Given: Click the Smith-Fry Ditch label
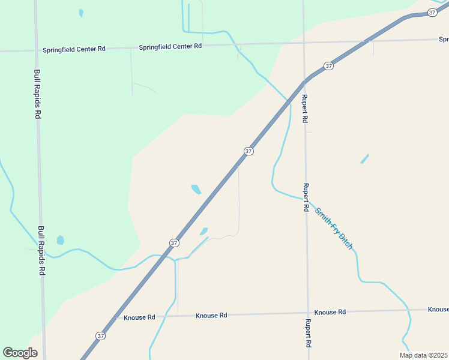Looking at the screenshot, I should point(334,229).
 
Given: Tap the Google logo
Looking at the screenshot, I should point(20,353).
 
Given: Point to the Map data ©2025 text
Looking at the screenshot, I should point(424,355).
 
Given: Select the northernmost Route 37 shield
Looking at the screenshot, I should point(432,13).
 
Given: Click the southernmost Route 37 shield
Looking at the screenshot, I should point(100,335).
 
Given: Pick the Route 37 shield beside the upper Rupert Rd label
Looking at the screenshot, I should point(328,65).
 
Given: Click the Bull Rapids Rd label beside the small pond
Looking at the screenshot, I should point(41,250).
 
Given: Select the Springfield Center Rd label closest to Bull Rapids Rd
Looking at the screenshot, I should point(74,49).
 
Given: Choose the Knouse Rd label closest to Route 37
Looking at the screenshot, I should point(139,317).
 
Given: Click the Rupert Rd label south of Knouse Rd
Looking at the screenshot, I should point(307,333).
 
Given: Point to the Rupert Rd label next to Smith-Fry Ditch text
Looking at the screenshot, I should point(306,197).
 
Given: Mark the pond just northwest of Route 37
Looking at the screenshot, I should point(196,190).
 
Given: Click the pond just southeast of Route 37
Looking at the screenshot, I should point(204,231).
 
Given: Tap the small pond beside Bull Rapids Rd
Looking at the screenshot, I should point(60,241).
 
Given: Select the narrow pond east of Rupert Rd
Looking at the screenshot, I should point(364,158).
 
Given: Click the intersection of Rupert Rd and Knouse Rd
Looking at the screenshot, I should point(308,313).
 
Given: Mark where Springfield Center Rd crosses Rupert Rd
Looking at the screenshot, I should point(304,43).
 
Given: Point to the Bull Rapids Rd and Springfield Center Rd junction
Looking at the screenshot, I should point(36,50).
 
